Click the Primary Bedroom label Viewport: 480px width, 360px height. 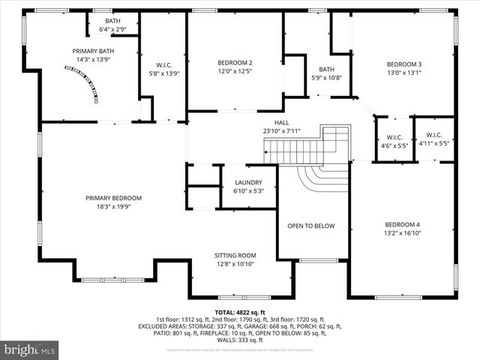[113, 198]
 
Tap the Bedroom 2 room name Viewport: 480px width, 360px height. [235, 63]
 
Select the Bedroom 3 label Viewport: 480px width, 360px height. [404, 64]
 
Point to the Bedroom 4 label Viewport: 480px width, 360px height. [403, 225]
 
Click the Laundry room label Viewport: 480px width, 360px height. [248, 182]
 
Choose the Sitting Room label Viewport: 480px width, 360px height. [235, 256]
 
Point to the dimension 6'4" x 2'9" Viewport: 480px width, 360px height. [112, 29]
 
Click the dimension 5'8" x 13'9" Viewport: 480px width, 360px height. [164, 73]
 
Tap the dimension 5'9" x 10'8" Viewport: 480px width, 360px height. [326, 77]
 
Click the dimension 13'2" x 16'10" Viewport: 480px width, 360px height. [403, 233]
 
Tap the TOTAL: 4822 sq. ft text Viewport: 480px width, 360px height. [240, 312]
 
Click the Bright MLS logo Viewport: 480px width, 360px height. [30, 349]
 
